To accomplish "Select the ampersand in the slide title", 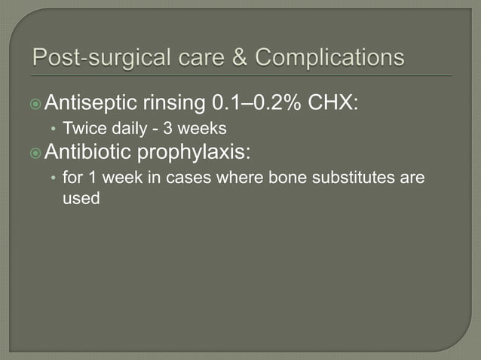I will (x=244, y=58).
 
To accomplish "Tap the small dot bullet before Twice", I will (x=52, y=130).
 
